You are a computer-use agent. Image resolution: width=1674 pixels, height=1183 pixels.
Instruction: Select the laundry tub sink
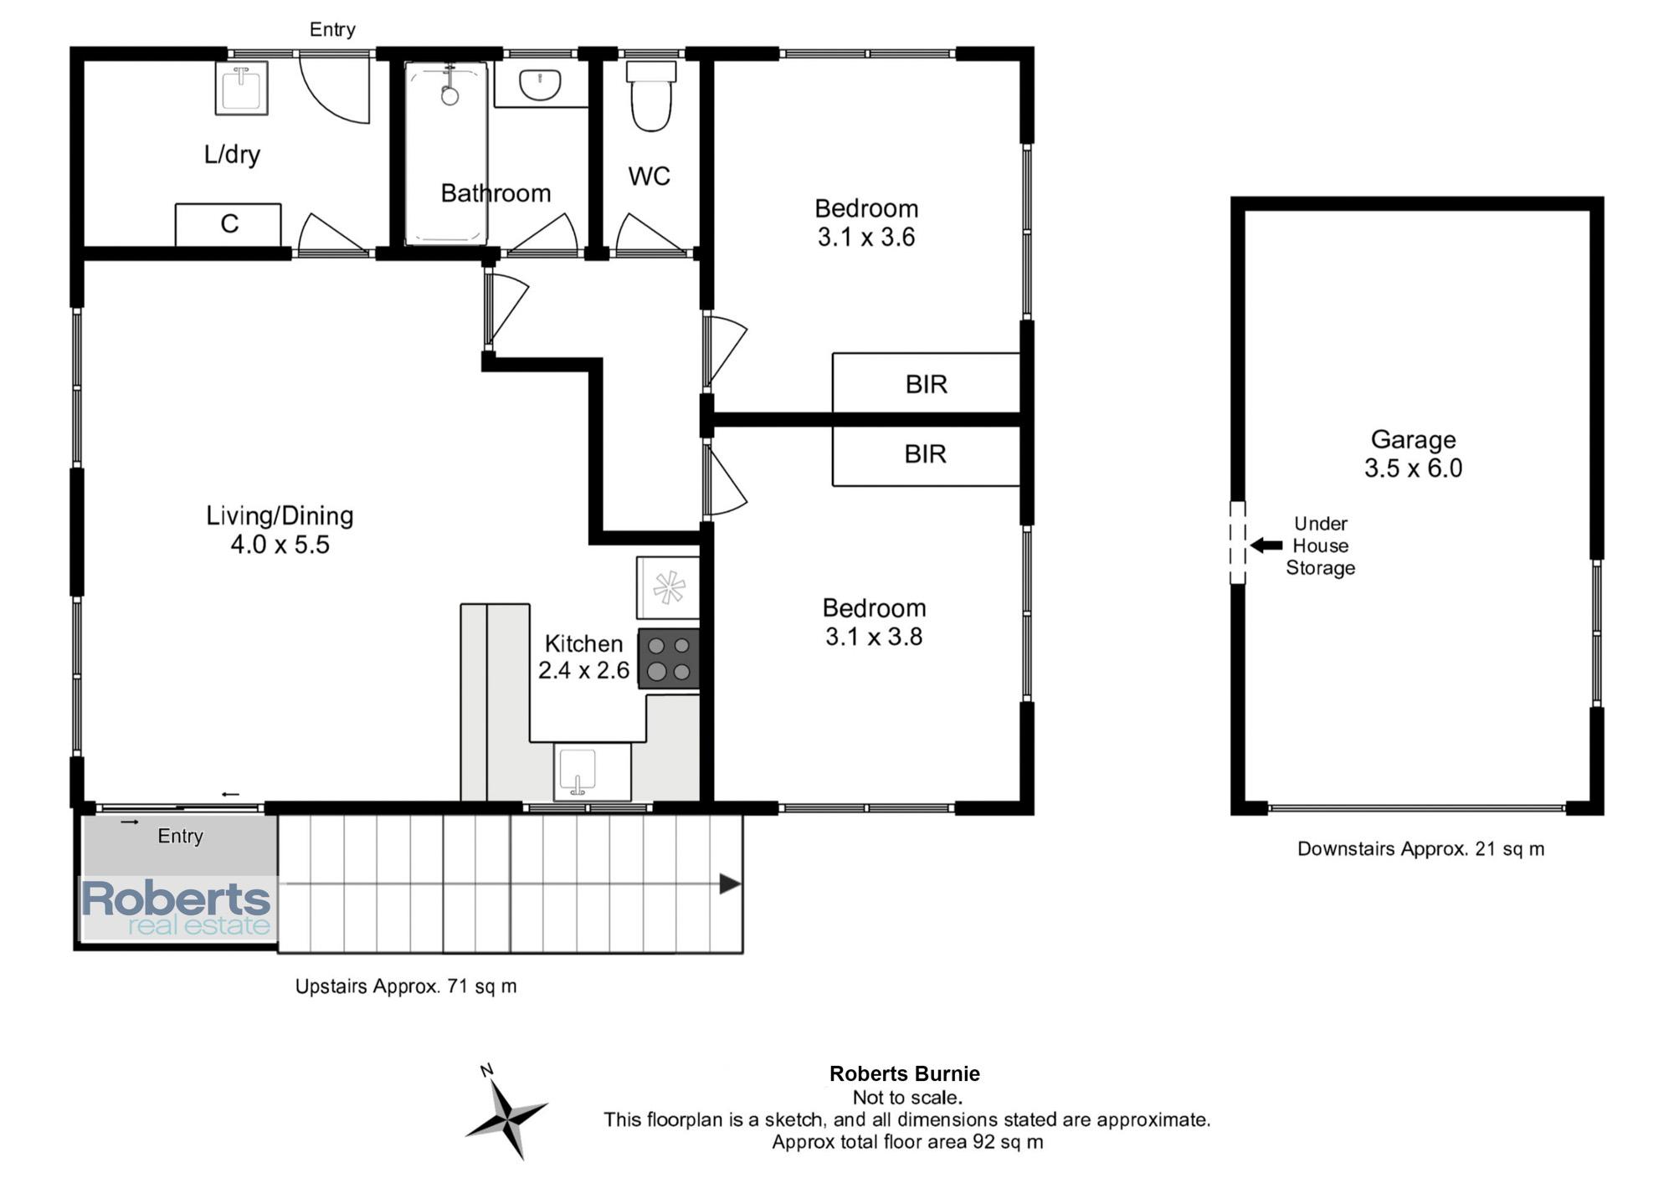[242, 87]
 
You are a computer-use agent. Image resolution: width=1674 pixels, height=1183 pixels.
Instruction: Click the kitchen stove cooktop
[669, 658]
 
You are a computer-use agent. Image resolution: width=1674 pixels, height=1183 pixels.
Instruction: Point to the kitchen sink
[578, 771]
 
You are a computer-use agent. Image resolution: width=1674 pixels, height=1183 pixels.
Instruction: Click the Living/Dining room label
[280, 530]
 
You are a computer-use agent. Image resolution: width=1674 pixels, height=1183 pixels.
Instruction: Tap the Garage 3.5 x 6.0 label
[1414, 453]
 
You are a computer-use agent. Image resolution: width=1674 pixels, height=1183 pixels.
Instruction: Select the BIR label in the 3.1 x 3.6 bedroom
[927, 384]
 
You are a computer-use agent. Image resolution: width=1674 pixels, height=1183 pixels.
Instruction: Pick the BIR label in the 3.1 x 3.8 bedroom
[926, 453]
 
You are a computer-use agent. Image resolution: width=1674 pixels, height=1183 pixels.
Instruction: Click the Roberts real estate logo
[177, 908]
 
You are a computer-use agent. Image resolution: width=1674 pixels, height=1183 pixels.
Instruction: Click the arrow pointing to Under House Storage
[1266, 545]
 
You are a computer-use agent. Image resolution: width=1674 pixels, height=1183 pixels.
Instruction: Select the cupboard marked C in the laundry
[228, 224]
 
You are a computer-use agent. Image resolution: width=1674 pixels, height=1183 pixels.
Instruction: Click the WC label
[650, 176]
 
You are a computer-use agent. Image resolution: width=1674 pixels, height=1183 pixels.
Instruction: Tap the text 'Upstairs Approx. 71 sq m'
[406, 986]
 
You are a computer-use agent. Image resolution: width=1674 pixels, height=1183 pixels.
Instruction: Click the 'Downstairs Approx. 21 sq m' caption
[1420, 848]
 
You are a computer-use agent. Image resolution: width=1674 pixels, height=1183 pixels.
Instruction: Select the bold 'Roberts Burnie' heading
[905, 1073]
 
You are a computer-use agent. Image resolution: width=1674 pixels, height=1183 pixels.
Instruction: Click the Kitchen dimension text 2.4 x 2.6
[583, 670]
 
